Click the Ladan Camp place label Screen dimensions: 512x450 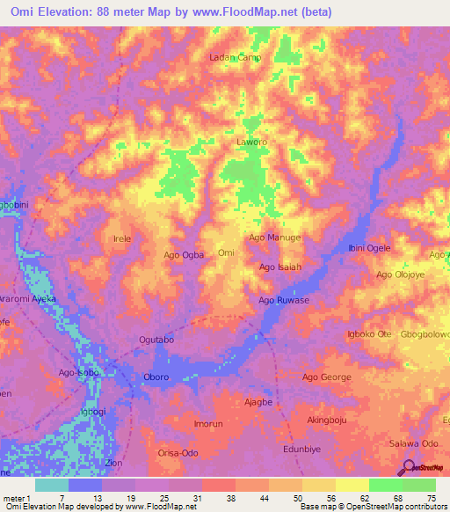point(235,58)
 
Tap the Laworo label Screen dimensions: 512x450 point(251,141)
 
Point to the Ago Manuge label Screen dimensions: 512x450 point(275,238)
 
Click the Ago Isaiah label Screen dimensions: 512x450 point(280,267)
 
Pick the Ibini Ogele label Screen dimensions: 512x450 point(369,248)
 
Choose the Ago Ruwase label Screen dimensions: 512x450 point(282,300)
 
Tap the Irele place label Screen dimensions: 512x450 point(122,239)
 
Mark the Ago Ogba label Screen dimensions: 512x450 point(184,255)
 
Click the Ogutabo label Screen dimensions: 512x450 point(157,340)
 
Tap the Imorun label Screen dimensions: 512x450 point(208,424)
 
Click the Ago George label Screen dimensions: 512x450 point(327,377)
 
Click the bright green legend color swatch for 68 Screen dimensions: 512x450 point(385,485)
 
